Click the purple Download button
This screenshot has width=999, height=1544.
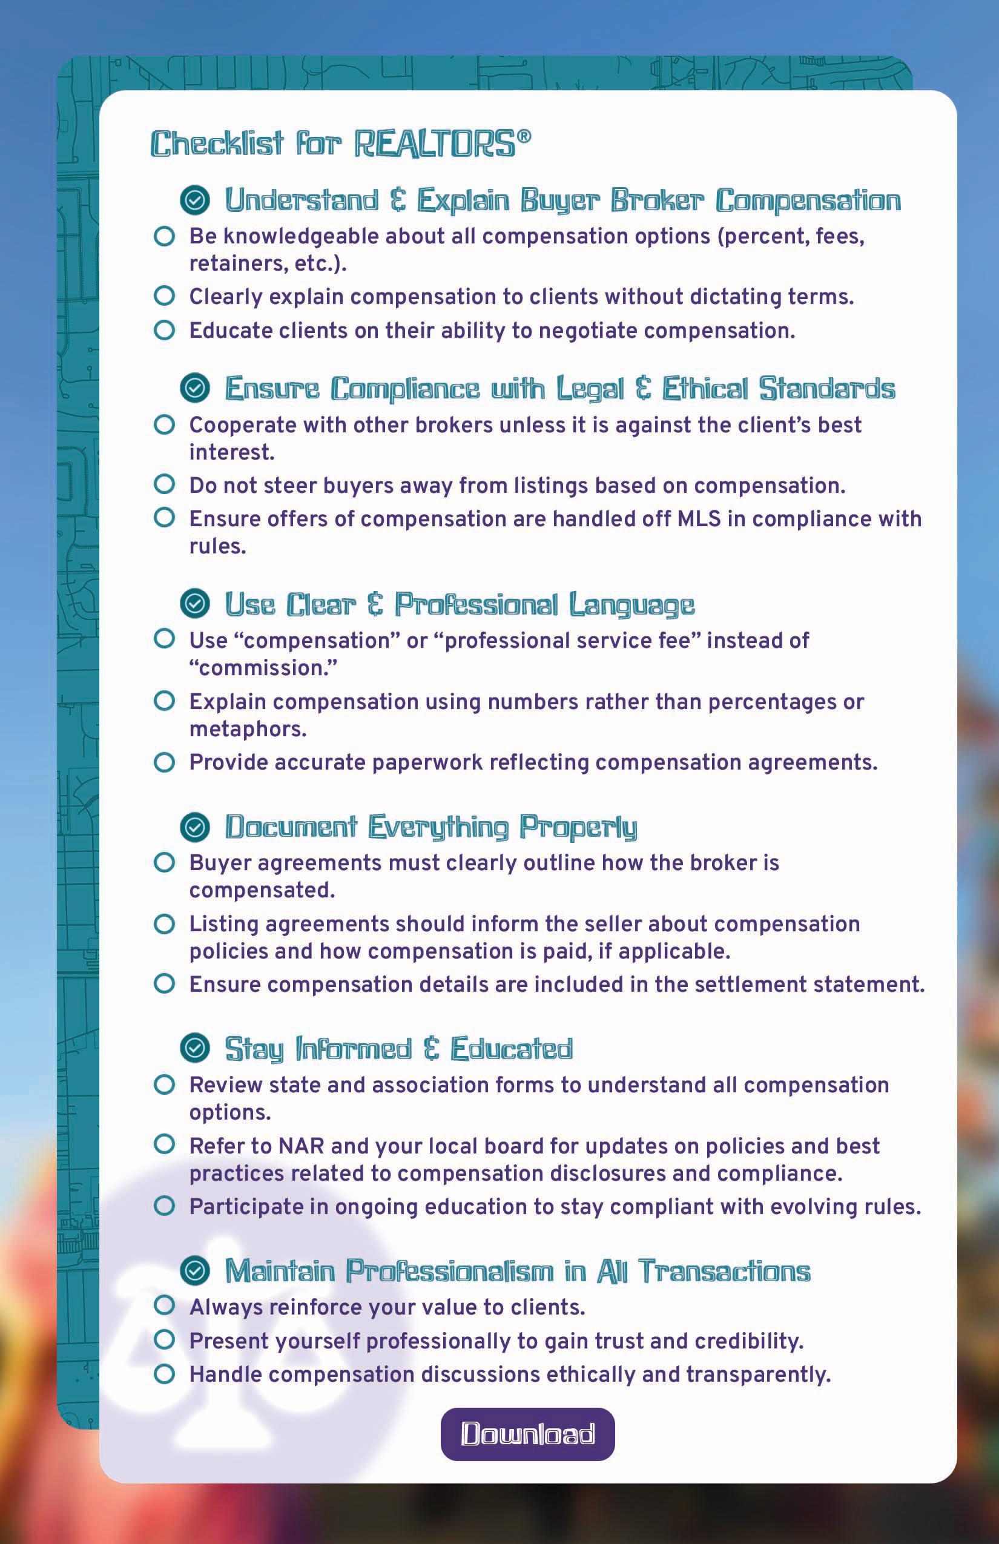(527, 1434)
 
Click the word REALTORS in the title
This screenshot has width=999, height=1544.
(435, 144)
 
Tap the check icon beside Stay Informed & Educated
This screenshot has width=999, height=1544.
(194, 1047)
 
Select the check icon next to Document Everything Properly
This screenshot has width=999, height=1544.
(194, 827)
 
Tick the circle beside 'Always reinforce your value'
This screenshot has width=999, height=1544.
(165, 1305)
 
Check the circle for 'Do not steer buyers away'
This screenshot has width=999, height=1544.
(165, 484)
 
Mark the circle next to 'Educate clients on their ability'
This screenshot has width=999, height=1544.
(165, 329)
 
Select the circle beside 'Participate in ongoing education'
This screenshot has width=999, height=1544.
(165, 1206)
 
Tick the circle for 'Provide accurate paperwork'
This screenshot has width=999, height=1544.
(165, 762)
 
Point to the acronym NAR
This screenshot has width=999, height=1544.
(301, 1146)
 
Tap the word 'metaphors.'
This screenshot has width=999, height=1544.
(248, 729)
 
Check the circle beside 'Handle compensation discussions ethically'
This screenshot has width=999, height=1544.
(165, 1373)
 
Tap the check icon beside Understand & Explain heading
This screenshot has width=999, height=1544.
(194, 200)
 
